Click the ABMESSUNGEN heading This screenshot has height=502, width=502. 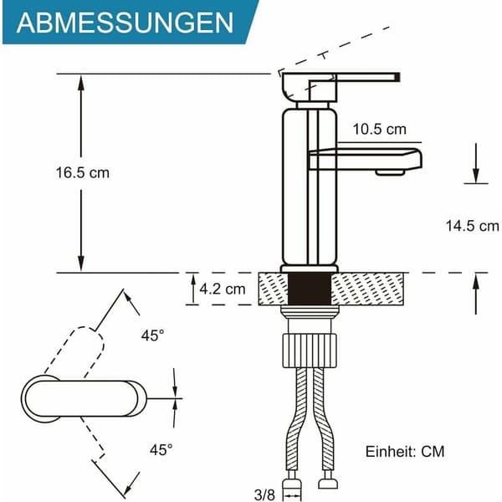click(125, 23)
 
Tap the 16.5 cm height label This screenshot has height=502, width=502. click(83, 173)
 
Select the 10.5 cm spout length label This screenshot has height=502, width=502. click(379, 130)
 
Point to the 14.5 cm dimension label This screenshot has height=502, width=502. click(472, 226)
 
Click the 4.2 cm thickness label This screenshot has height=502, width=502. click(223, 289)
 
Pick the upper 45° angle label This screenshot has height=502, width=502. click(153, 336)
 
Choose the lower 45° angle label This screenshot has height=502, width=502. click(161, 450)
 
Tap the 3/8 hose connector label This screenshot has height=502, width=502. click(264, 494)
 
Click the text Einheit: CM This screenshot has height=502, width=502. click(405, 452)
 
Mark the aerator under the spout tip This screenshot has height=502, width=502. click(390, 172)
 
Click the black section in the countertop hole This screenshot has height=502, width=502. click(310, 289)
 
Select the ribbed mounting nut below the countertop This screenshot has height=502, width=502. click(310, 351)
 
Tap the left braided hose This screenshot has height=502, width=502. click(295, 419)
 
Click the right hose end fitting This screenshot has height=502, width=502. click(328, 481)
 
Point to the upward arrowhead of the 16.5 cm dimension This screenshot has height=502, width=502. click(81, 83)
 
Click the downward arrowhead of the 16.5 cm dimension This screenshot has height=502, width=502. click(81, 264)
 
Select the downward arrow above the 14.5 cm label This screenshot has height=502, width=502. click(476, 163)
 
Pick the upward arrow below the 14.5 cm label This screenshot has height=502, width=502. click(476, 294)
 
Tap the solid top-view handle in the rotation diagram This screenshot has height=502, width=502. click(84, 398)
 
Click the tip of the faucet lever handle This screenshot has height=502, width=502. click(398, 77)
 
